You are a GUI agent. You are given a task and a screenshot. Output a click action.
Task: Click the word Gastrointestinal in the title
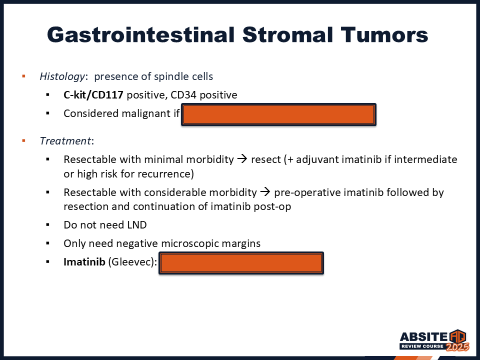pyautogui.click(x=141, y=34)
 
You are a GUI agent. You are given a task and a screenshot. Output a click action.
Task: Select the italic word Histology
pyautogui.click(x=62, y=76)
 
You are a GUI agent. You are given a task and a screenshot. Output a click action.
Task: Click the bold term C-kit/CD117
pyautogui.click(x=93, y=95)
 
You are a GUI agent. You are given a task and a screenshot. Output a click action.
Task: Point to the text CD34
pyautogui.click(x=183, y=95)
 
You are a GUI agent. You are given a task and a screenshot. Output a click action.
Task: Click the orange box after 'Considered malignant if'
pyautogui.click(x=278, y=114)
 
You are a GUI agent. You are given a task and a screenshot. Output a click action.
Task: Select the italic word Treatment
pyautogui.click(x=65, y=141)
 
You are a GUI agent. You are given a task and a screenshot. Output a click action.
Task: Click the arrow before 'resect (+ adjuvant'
pyautogui.click(x=242, y=159)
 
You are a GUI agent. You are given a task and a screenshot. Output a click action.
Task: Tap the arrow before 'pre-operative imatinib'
pyautogui.click(x=265, y=192)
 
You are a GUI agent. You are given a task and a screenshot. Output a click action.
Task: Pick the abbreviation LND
pyautogui.click(x=137, y=225)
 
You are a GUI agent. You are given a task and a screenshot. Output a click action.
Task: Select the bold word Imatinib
pyautogui.click(x=84, y=262)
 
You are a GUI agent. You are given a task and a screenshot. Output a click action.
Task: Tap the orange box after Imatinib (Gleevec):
pyautogui.click(x=241, y=263)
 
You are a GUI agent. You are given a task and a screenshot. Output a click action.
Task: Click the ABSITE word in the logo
pyautogui.click(x=423, y=337)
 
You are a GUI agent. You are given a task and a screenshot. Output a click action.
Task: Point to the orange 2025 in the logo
pyautogui.click(x=457, y=347)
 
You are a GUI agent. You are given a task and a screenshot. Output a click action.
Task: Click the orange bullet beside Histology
pyautogui.click(x=23, y=76)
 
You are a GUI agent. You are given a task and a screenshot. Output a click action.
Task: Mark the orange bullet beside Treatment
pyautogui.click(x=23, y=141)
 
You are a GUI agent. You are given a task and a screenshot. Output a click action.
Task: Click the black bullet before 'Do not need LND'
pyautogui.click(x=48, y=225)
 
